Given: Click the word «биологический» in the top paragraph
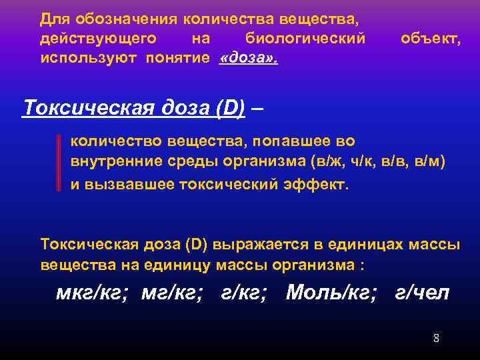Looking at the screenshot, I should coord(305,39).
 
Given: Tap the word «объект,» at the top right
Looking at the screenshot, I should coord(430,39).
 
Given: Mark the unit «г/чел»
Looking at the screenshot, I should coord(423,293).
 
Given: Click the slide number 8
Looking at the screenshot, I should coord(436,338).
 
